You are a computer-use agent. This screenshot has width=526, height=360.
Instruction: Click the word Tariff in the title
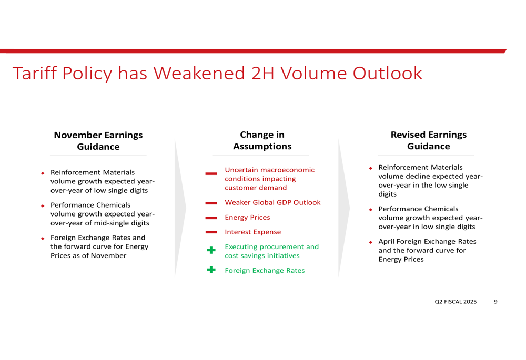[x=35, y=73]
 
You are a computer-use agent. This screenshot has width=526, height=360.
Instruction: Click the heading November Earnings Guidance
[x=98, y=141]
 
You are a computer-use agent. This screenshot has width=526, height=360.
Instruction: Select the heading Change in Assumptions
[x=262, y=140]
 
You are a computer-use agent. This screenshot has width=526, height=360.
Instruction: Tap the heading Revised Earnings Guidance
[x=429, y=140]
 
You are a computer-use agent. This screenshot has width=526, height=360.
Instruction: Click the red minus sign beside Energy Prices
[x=211, y=218]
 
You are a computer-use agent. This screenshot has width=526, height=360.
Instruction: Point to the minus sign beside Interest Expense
[x=211, y=232]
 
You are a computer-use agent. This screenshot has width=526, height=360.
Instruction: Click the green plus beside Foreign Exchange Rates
[x=211, y=270]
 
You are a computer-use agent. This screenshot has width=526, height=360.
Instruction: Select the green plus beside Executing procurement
[x=211, y=250]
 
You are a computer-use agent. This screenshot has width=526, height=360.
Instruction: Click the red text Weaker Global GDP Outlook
[x=272, y=202]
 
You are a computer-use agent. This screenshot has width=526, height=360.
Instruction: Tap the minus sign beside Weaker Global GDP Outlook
[x=211, y=203]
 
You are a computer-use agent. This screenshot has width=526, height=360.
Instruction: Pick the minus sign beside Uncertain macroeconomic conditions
[x=211, y=173]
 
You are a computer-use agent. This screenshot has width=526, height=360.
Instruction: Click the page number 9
[x=496, y=302]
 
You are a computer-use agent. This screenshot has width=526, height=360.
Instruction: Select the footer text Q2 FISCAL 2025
[x=456, y=302]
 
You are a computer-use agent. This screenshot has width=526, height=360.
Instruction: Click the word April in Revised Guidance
[x=387, y=242]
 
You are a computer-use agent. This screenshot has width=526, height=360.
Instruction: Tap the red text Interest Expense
[x=253, y=232]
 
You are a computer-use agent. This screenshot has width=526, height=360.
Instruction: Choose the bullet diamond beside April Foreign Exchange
[x=371, y=242]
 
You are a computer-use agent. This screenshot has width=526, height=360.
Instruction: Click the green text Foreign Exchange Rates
[x=265, y=271]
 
